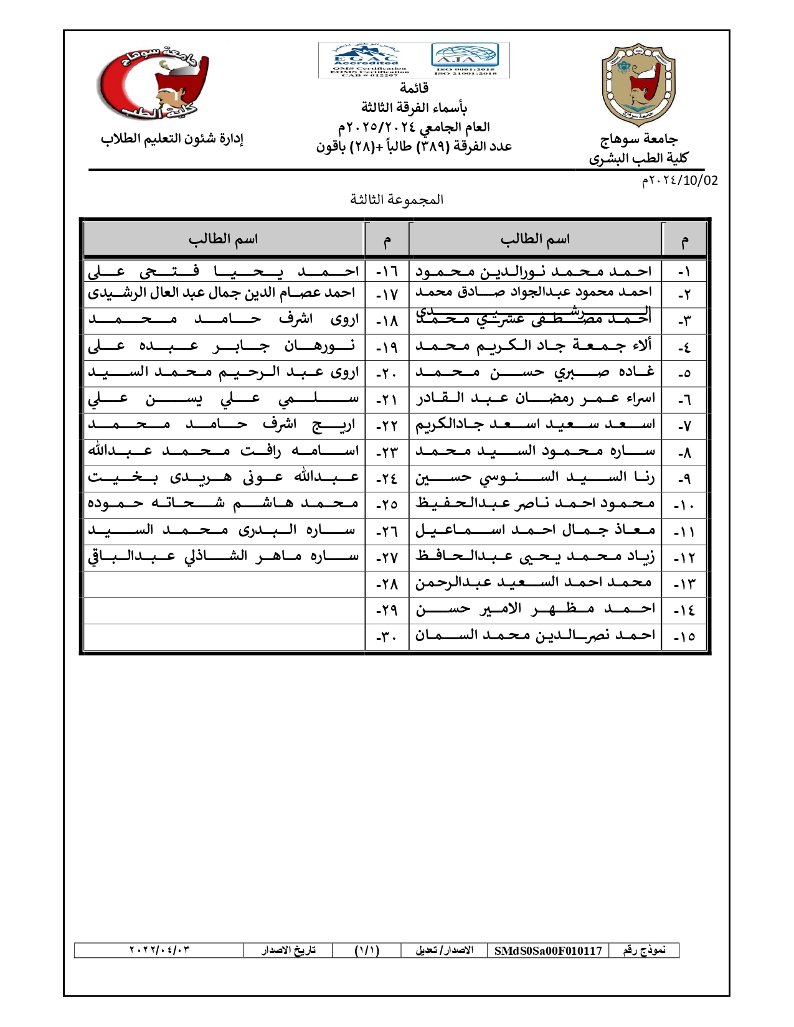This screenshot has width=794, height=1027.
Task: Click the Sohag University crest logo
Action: (x=638, y=85)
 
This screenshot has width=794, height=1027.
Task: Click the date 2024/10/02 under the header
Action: (x=679, y=181)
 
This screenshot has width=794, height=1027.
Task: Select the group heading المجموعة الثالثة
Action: (x=397, y=200)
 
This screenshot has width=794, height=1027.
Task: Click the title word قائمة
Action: (x=414, y=88)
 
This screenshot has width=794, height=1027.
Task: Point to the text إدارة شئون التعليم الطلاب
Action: (x=172, y=139)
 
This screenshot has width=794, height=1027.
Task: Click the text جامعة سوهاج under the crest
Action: (x=639, y=139)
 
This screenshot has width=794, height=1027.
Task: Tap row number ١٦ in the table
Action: (x=387, y=272)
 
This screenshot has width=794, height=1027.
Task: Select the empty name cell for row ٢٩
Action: (x=224, y=610)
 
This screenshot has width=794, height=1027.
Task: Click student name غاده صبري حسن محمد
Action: (x=535, y=372)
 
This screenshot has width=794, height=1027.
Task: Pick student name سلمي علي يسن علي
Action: (x=224, y=398)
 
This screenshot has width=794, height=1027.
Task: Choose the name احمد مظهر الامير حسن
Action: (x=535, y=609)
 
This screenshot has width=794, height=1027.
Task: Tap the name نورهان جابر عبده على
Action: (x=224, y=345)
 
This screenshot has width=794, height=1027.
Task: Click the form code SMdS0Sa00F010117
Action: (x=548, y=950)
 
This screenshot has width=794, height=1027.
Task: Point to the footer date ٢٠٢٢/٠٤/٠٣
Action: (x=159, y=950)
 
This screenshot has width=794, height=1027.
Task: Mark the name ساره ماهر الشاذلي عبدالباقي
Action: (x=224, y=556)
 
